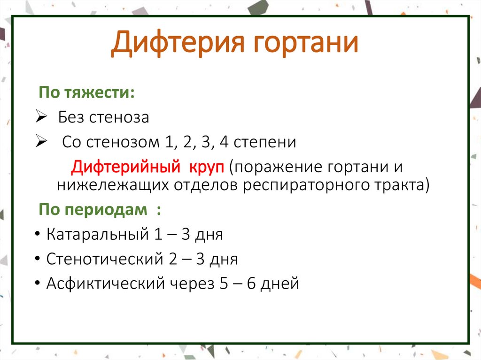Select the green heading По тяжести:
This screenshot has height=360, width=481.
click(x=86, y=92)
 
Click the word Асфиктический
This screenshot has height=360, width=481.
click(x=106, y=283)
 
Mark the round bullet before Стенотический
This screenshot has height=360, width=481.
click(x=37, y=260)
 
